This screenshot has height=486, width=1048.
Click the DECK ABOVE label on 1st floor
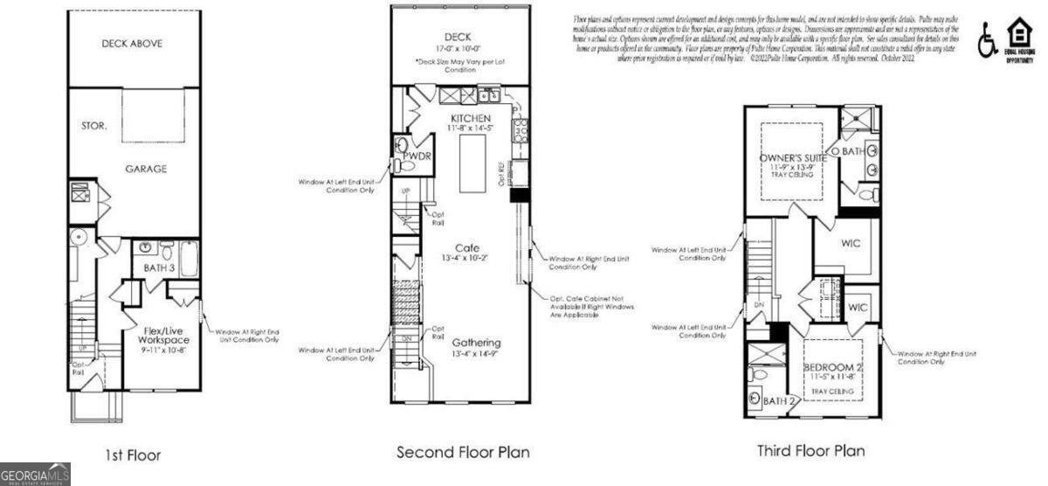point(132,43)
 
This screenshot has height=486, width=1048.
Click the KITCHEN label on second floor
point(471,118)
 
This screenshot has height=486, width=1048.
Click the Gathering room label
point(476,342)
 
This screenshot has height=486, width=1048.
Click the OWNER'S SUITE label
point(793,158)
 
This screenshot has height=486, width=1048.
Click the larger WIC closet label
point(851,243)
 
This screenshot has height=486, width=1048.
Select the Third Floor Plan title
point(810,451)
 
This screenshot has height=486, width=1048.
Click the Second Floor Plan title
point(463,452)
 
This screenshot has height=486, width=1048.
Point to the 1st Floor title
point(132,455)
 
